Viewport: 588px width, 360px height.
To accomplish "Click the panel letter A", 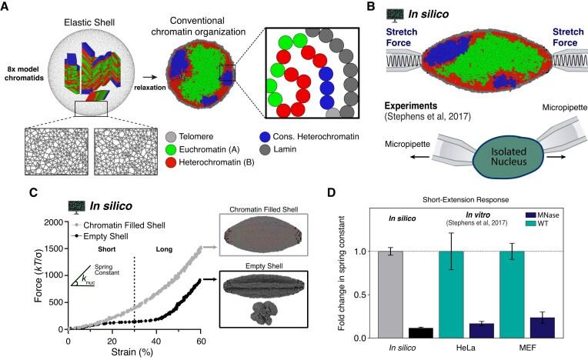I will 7,7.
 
